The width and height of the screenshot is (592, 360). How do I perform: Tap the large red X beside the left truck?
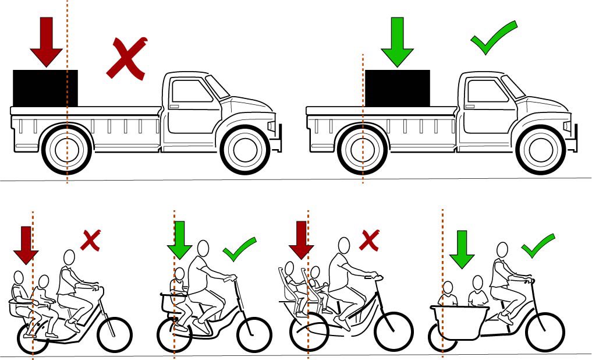[x=126, y=58]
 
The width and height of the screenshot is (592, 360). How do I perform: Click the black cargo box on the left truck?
[x=45, y=89]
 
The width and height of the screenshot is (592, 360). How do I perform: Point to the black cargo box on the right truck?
[x=397, y=89]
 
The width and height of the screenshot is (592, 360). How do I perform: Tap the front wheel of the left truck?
[x=244, y=150]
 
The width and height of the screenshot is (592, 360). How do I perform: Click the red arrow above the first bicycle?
[x=25, y=245]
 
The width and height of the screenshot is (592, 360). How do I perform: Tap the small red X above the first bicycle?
[x=90, y=240]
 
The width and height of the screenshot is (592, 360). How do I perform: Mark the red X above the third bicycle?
[x=369, y=240]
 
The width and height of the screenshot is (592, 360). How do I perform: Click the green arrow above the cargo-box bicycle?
[x=462, y=249]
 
